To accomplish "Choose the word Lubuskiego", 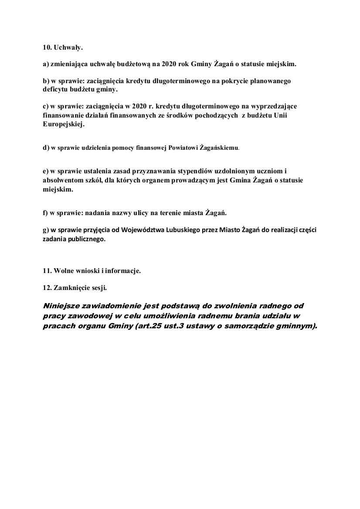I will tap(178, 230).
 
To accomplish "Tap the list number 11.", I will tap(47, 271).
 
